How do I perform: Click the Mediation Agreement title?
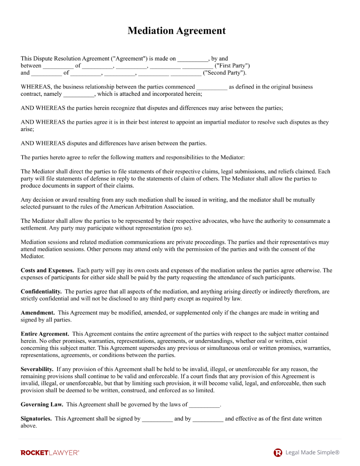pyautogui.click(x=177, y=31)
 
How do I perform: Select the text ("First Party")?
pyautogui.click(x=232, y=66)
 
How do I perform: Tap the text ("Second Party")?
pyautogui.click(x=225, y=73)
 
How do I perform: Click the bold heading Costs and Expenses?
pyautogui.click(x=47, y=270)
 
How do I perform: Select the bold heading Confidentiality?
pyautogui.click(x=41, y=292)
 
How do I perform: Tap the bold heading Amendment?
pyautogui.click(x=37, y=313)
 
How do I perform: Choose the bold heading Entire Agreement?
pyautogui.click(x=44, y=334)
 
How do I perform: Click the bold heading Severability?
pyautogui.click(x=37, y=369)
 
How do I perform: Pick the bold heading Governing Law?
pyautogui.click(x=42, y=404)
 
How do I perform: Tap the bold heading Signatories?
pyautogui.click(x=36, y=419)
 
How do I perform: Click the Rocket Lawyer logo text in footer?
pyautogui.click(x=50, y=453)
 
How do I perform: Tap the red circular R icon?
pyautogui.click(x=278, y=453)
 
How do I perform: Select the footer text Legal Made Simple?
pyautogui.click(x=312, y=453)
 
